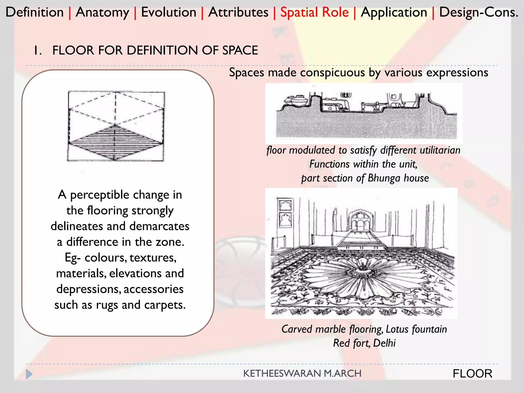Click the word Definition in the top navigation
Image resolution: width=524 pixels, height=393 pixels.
(35, 12)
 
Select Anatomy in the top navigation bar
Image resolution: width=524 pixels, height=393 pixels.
(102, 12)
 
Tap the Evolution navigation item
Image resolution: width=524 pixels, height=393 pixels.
(169, 12)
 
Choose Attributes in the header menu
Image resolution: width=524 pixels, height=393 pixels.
(238, 12)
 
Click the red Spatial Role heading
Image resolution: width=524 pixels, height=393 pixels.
(314, 12)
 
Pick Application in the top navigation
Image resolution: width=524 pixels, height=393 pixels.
(394, 12)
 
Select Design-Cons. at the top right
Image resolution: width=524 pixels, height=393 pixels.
(478, 12)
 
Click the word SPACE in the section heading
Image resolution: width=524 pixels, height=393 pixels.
(240, 50)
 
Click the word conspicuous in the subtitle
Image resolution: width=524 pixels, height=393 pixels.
(332, 72)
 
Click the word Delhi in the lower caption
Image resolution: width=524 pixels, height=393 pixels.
(384, 343)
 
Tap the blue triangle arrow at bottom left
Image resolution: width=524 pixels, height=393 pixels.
(29, 374)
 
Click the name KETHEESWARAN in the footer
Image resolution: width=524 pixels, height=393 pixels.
(282, 374)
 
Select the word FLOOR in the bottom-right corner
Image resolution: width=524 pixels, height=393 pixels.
(472, 374)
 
